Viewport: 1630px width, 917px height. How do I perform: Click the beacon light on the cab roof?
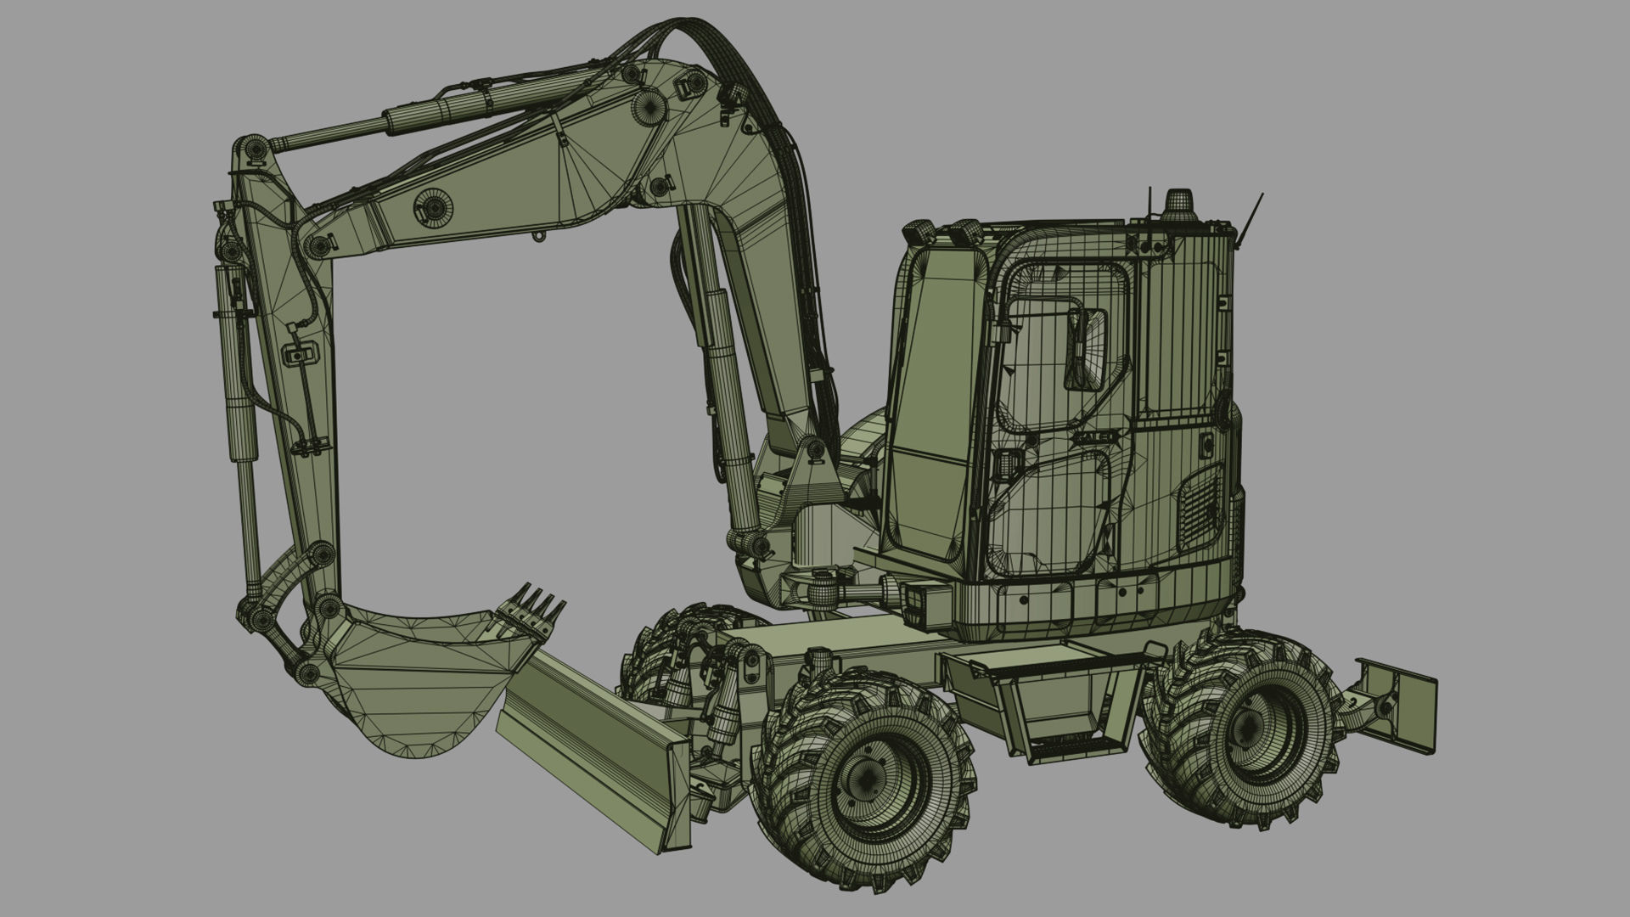click(x=1178, y=205)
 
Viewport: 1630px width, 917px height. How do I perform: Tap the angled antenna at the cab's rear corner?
click(x=1249, y=221)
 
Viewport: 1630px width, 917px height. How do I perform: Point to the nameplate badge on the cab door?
click(x=1096, y=436)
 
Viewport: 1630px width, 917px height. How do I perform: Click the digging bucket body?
click(x=407, y=679)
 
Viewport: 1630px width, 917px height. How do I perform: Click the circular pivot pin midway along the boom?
click(x=433, y=207)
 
